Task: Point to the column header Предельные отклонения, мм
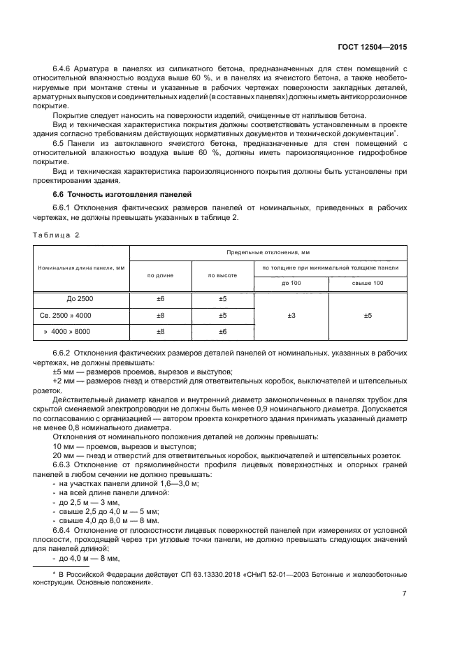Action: (x=268, y=252)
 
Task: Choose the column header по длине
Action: (x=160, y=275)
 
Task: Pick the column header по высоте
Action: (x=222, y=275)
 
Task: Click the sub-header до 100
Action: (x=291, y=283)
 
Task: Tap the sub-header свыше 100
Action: (x=368, y=283)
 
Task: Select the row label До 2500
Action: (x=80, y=299)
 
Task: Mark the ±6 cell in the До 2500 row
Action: (x=160, y=299)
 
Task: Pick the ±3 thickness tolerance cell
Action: (x=291, y=316)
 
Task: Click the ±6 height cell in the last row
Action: (x=222, y=332)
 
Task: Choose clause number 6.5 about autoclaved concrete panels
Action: (x=59, y=142)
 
